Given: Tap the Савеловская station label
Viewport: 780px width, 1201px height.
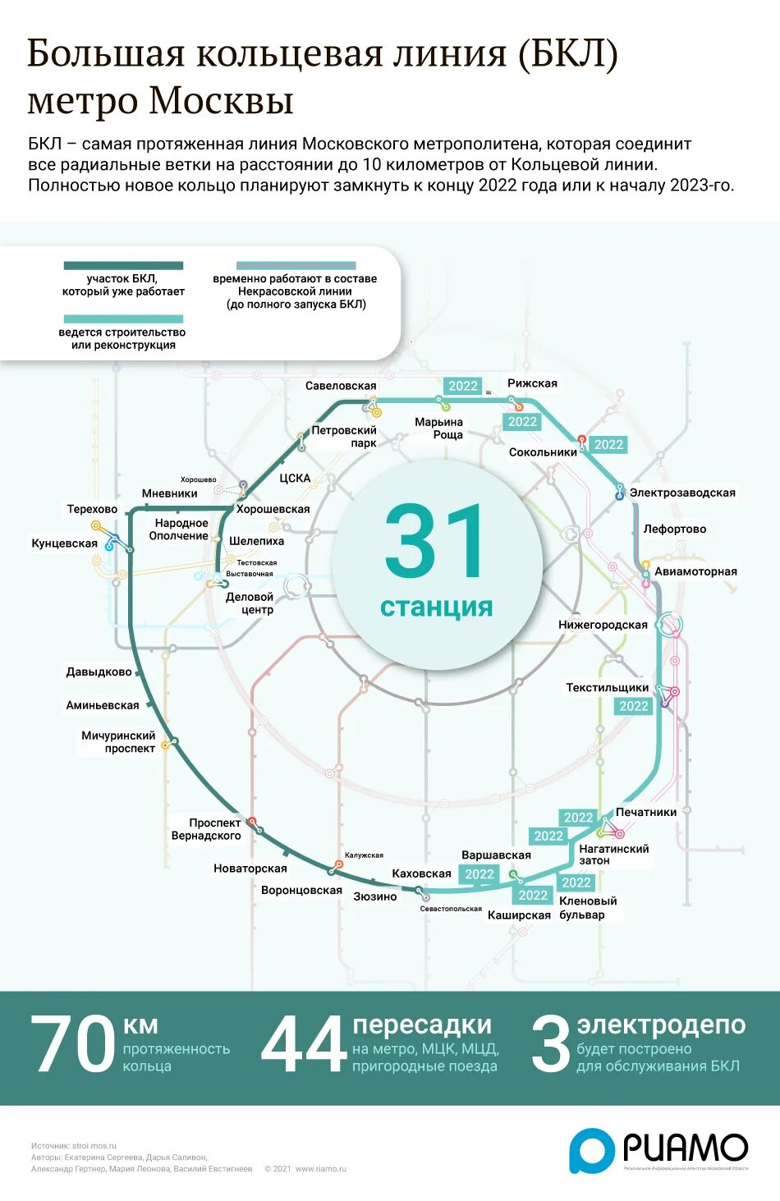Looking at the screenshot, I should (x=341, y=386).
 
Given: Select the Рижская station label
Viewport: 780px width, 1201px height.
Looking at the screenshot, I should (x=532, y=383).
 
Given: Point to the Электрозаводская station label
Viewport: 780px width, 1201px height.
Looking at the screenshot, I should (x=682, y=493).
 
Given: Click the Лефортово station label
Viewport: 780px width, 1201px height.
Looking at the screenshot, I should (x=675, y=529).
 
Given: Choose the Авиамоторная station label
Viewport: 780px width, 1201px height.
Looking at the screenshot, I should (x=695, y=571).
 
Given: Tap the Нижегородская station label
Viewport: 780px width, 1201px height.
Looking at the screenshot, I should (x=603, y=625).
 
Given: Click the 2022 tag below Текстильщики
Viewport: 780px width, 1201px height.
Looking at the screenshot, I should (x=633, y=706).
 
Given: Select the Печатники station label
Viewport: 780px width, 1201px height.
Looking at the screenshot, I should (x=646, y=812).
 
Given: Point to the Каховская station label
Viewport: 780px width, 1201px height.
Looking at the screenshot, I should (x=422, y=873).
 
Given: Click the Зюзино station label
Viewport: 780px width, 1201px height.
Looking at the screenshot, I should (x=375, y=896).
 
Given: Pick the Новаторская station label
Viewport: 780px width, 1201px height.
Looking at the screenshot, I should (x=250, y=869).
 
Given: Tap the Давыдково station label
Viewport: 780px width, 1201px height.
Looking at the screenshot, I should (x=99, y=672).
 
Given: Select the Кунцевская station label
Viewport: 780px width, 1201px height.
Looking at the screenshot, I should (x=64, y=543).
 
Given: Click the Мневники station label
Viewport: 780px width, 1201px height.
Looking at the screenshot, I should (x=169, y=493).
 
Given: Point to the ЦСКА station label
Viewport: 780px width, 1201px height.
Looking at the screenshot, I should (x=295, y=478).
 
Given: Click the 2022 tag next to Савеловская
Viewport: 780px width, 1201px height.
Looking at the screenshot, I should (x=463, y=386).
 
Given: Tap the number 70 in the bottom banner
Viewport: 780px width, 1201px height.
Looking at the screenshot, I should (x=72, y=1043).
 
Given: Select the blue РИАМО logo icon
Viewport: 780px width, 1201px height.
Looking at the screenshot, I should (x=592, y=1149).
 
